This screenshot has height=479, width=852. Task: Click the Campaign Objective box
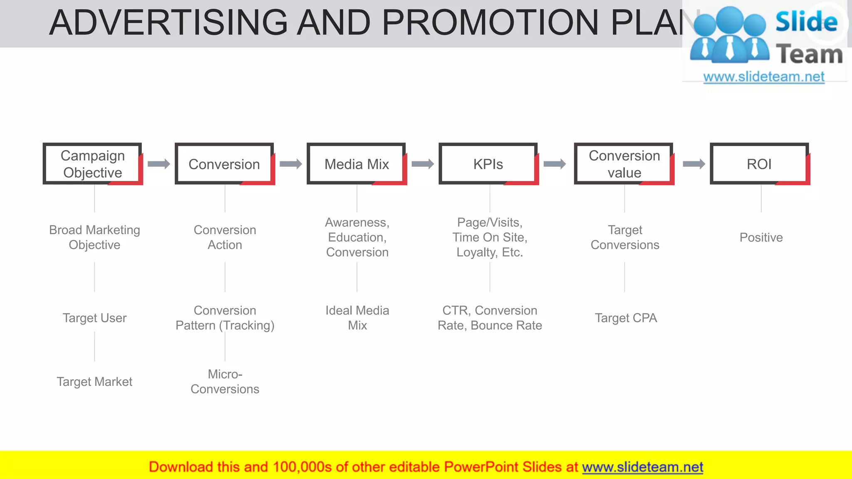pyautogui.click(x=93, y=164)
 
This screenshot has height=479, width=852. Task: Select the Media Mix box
pyautogui.click(x=357, y=164)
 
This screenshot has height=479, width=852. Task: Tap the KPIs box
pyautogui.click(x=488, y=164)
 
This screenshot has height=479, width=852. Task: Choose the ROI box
pyautogui.click(x=759, y=164)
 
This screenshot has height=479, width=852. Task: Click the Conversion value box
pyautogui.click(x=624, y=164)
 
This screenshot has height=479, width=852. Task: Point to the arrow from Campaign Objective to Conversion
pyautogui.click(x=159, y=164)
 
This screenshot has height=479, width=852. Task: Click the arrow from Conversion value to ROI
pyautogui.click(x=694, y=164)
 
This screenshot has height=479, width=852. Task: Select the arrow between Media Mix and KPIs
pyautogui.click(x=423, y=164)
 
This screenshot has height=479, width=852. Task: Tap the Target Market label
pyautogui.click(x=94, y=382)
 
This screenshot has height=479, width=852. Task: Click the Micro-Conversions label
pyautogui.click(x=225, y=382)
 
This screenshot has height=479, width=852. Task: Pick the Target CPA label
pyautogui.click(x=626, y=318)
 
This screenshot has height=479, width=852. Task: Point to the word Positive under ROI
pyautogui.click(x=761, y=237)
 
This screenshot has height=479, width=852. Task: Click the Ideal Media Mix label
pyautogui.click(x=357, y=318)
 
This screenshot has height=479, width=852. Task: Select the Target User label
pyautogui.click(x=94, y=318)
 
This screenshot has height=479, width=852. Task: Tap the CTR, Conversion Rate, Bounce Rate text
pyautogui.click(x=490, y=318)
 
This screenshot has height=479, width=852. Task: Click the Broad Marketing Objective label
pyautogui.click(x=94, y=237)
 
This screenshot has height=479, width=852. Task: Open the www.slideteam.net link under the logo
pyautogui.click(x=764, y=77)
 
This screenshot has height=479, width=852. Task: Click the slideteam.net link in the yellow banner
pyautogui.click(x=642, y=467)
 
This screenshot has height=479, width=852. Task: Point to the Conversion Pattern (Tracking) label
pyautogui.click(x=225, y=318)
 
